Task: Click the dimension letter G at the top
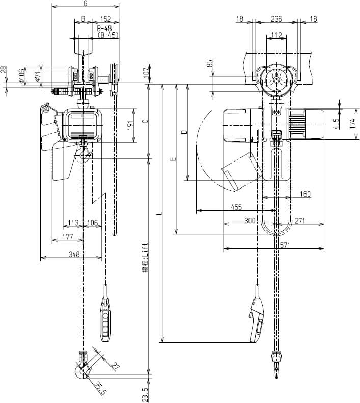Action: [x=85, y=4]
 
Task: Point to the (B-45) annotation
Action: [x=107, y=35]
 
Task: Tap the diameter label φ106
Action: [x=22, y=75]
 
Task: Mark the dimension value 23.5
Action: [x=145, y=393]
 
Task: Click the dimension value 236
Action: [x=275, y=19]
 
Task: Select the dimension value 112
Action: [x=276, y=35]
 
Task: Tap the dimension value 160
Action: [x=304, y=194]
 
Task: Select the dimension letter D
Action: [x=184, y=132]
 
